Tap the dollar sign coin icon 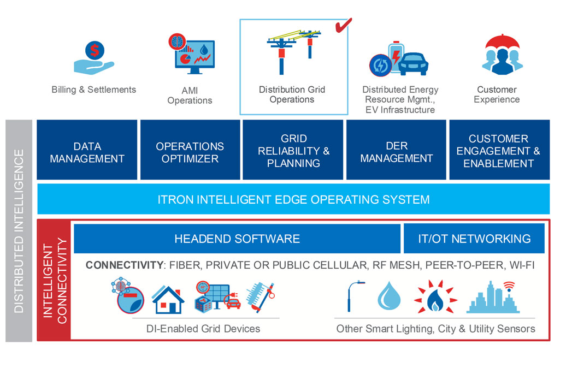coord(95,51)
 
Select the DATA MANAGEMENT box coord(87,152)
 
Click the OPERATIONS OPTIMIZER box coord(190,152)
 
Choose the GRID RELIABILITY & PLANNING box coord(293,150)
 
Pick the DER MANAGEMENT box coord(396,152)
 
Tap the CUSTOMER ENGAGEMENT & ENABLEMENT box coord(498,150)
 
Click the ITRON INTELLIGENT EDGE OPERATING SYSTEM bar coord(293,199)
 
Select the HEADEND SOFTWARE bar coord(237,239)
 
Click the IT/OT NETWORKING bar coord(474,239)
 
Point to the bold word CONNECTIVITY coord(124,265)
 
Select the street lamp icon coord(351,297)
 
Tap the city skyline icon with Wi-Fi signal coord(492,298)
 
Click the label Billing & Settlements coord(94,90)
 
